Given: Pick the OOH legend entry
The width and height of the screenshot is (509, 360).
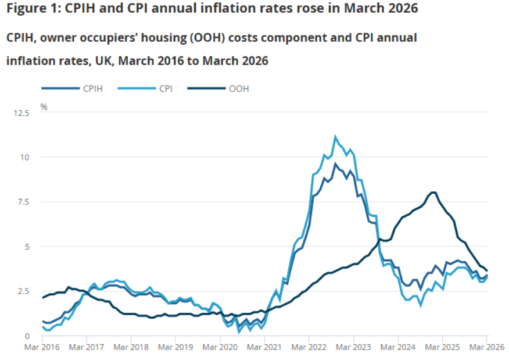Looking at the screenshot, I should pyautogui.click(x=226, y=89).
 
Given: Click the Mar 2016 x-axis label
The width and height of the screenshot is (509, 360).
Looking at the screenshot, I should pyautogui.click(x=42, y=348).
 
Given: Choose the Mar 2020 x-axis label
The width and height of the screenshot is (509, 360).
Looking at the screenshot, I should pyautogui.click(x=221, y=348).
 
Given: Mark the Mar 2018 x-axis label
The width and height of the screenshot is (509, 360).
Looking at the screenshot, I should pyautogui.click(x=131, y=348).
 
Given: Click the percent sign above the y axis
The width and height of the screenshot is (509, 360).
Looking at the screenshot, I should pyautogui.click(x=44, y=106).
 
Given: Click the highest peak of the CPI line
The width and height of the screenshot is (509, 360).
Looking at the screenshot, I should pyautogui.click(x=335, y=137).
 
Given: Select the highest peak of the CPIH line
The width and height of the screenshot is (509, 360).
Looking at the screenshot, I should pyautogui.click(x=335, y=163).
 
